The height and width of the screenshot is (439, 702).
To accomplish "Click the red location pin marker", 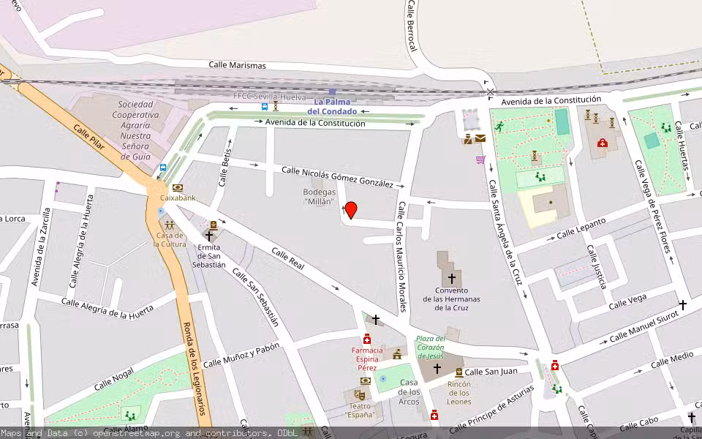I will [351, 210].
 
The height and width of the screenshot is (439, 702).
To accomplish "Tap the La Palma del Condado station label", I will [332, 107].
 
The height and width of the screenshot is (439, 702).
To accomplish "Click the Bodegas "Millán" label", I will [319, 196].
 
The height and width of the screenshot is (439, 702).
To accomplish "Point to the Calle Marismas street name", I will [237, 65].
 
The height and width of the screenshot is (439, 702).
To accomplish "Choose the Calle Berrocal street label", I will [412, 26].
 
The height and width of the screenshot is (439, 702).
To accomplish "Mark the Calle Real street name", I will [287, 258].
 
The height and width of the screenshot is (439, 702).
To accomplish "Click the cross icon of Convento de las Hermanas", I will [451, 278].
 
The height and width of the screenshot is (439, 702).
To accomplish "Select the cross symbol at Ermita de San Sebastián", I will [210, 236].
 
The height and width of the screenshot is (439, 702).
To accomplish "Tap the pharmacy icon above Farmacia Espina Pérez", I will [367, 339].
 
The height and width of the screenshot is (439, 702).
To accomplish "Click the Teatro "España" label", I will [360, 410].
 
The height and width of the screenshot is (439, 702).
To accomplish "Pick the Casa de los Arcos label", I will [409, 392].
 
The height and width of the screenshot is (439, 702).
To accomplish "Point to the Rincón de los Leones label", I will [458, 392].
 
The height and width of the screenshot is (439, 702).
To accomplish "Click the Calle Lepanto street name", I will [581, 228].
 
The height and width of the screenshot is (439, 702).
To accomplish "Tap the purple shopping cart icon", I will [480, 159].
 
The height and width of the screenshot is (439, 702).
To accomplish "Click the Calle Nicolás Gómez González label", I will [337, 177].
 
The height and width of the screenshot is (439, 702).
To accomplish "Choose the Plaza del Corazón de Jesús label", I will [430, 347].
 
